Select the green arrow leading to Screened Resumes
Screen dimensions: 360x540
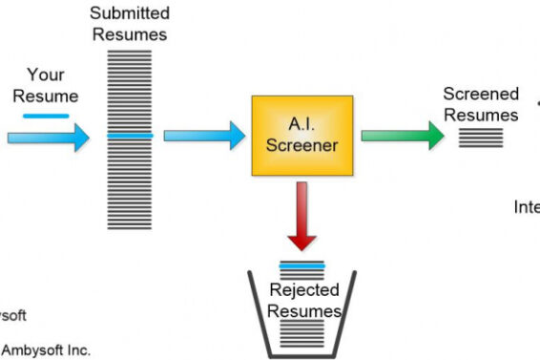402,135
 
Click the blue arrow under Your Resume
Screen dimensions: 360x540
48,137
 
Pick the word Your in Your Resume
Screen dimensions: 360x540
46,74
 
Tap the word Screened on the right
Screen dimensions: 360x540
481,95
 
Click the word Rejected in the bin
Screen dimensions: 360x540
302,290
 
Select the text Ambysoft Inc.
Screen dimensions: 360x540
46,350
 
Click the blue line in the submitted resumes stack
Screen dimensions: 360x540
129,136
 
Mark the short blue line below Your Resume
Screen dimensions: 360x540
46,116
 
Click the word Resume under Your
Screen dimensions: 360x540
46,95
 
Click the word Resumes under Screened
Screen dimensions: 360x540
483,115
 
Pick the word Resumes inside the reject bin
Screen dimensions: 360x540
303,311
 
